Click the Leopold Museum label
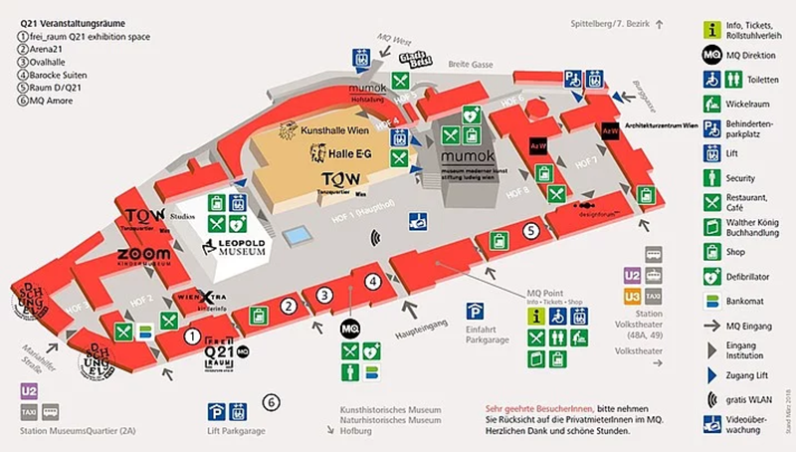(x=234, y=247)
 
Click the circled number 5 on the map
(x=531, y=231)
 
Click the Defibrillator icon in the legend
(x=711, y=276)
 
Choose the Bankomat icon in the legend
(x=711, y=301)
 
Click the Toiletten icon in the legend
(x=711, y=78)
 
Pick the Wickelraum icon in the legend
(x=711, y=103)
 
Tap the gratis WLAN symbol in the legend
(x=711, y=399)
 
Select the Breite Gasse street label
(x=470, y=64)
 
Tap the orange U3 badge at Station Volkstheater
(x=631, y=296)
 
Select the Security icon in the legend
(x=711, y=177)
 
